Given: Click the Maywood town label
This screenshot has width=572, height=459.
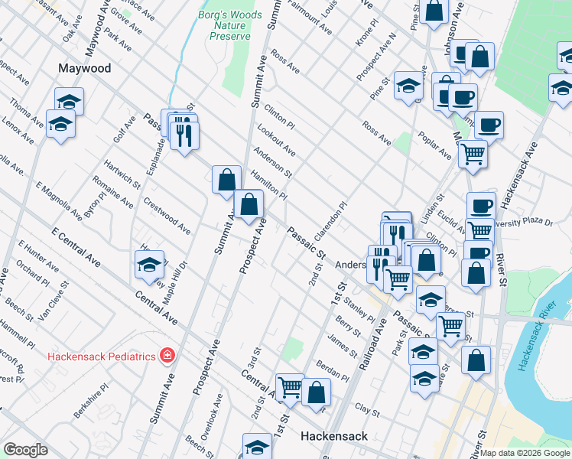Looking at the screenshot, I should [x=85, y=68].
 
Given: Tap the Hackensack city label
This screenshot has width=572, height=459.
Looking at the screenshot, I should [x=333, y=436].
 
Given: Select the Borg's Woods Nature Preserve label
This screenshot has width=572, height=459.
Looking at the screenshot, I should [x=230, y=25].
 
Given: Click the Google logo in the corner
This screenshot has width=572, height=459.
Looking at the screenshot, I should [x=25, y=450].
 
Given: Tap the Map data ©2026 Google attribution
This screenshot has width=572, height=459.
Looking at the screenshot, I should [x=525, y=453].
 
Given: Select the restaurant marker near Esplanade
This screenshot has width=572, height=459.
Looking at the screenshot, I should [x=184, y=134].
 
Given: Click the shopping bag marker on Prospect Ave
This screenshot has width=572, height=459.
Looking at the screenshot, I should [x=249, y=205].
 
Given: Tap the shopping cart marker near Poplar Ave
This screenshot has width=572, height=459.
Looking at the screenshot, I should [x=473, y=155].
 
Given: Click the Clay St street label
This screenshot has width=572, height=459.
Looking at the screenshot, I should [x=367, y=411].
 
